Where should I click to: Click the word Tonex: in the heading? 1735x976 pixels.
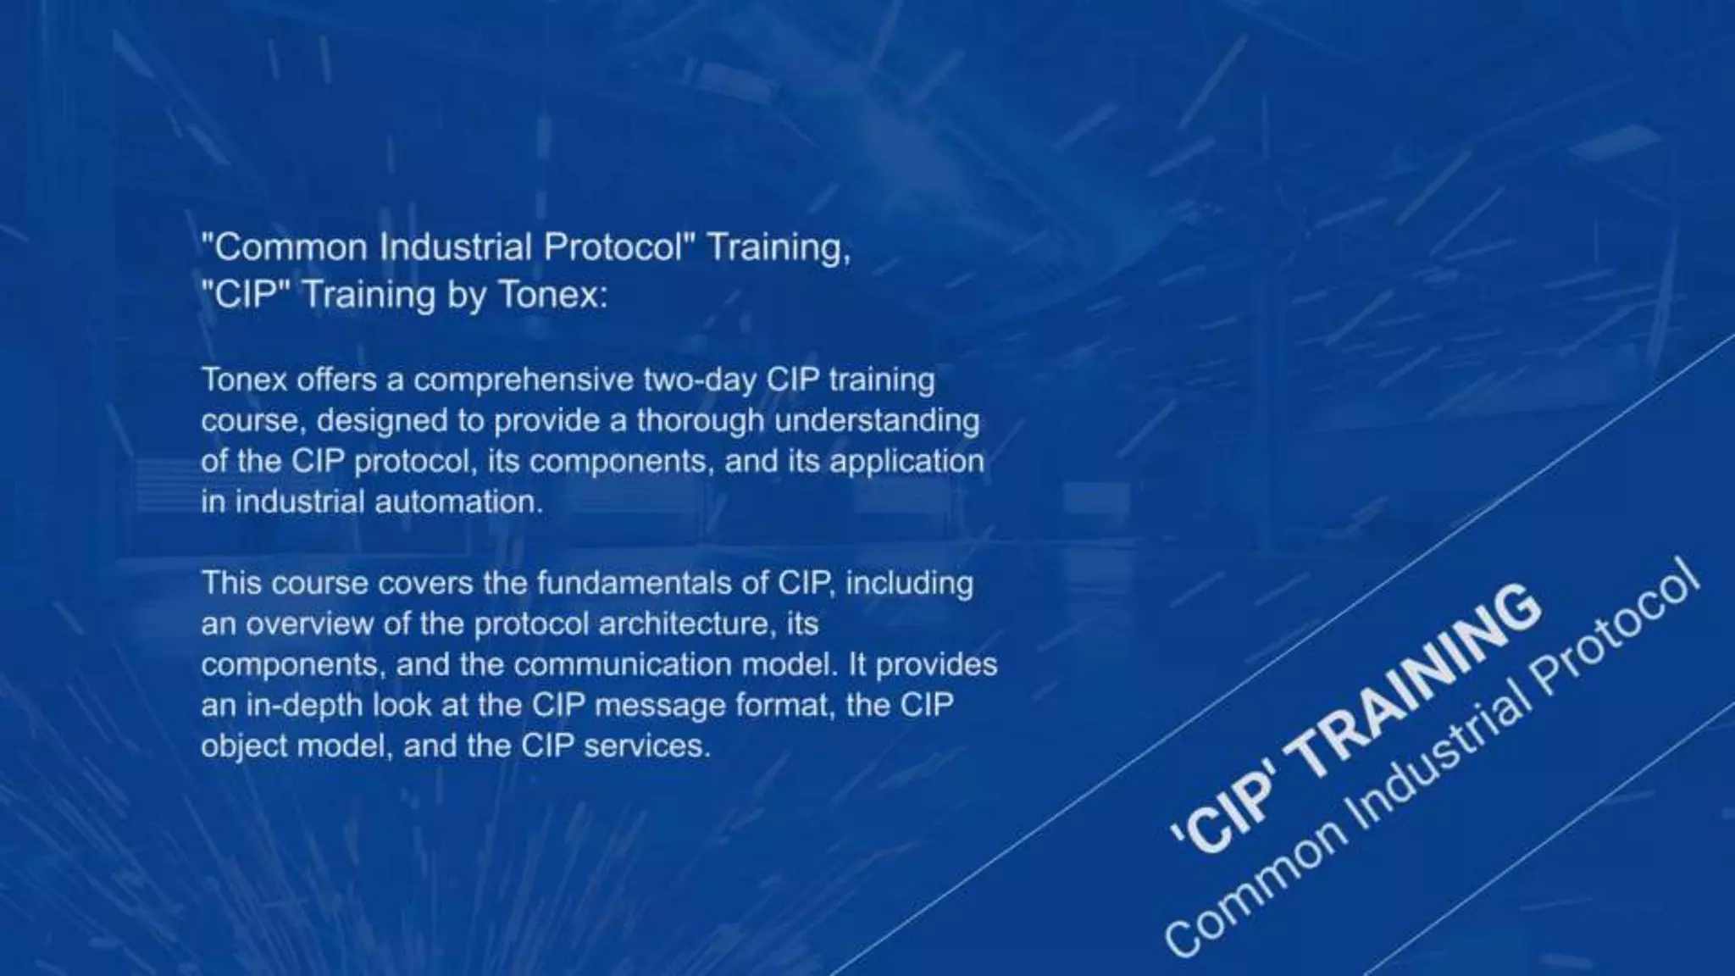click(552, 295)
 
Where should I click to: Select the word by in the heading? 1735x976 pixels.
click(466, 295)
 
